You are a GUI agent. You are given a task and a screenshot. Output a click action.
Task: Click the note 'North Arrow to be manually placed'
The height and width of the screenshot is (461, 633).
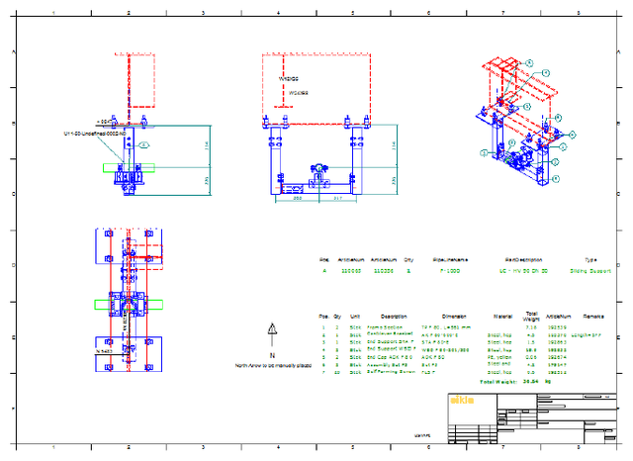tap(273, 365)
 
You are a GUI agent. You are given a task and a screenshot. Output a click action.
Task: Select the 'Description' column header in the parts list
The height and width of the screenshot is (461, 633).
tap(394, 317)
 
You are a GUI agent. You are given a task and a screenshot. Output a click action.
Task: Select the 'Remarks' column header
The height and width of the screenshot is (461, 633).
tap(592, 317)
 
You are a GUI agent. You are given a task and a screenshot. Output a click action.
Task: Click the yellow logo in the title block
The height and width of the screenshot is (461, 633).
tap(462, 400)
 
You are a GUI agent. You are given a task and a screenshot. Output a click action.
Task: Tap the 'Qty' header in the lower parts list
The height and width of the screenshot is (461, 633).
tap(336, 317)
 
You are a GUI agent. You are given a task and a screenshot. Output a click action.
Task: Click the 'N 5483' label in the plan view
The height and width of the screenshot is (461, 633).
tap(103, 351)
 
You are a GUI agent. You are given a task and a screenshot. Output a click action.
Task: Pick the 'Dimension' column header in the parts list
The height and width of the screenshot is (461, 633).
tap(460, 317)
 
